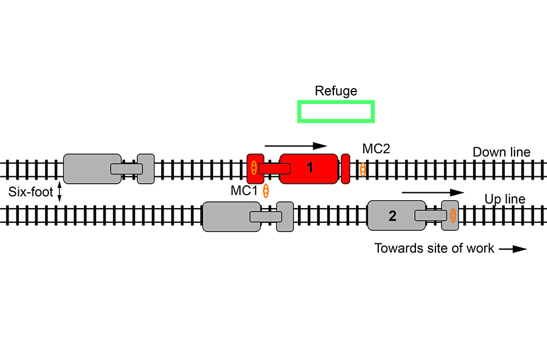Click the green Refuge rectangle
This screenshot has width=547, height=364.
pos(336,111)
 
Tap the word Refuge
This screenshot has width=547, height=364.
pos(336,91)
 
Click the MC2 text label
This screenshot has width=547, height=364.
pos(375,149)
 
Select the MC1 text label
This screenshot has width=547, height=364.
pos(244,191)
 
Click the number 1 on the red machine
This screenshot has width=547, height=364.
pos(310,168)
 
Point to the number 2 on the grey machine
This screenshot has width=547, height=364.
pos(392,216)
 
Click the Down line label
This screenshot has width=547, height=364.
pos(501,152)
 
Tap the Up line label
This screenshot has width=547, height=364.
pos(505,199)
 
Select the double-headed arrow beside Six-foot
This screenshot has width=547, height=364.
pos(59,192)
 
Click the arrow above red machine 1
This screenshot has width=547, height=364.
pos(296,146)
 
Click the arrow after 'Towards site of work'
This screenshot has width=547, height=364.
pos(513,249)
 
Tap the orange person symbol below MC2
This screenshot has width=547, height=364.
pos(362,169)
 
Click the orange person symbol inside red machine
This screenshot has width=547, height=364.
pos(254,168)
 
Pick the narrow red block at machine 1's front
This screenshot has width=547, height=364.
pos(345,168)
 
